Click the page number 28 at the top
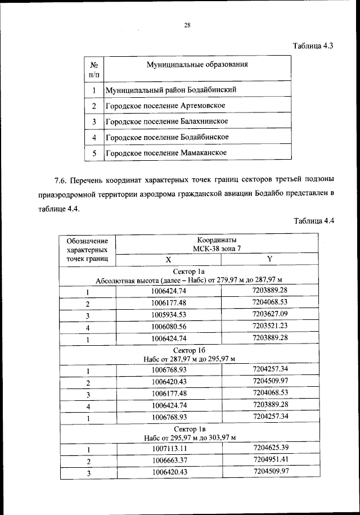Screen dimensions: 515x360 pyautogui.click(x=188, y=25)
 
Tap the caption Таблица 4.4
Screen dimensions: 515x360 pyautogui.click(x=313, y=220)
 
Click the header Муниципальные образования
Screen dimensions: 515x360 pyautogui.click(x=197, y=64)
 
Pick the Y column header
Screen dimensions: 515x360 pyautogui.click(x=270, y=259)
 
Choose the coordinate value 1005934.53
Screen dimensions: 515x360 pyautogui.click(x=169, y=315)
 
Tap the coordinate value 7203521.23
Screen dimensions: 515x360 pyautogui.click(x=270, y=326)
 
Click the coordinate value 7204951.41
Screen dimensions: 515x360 pyautogui.click(x=270, y=460)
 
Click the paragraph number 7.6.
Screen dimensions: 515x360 pyautogui.click(x=61, y=180)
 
